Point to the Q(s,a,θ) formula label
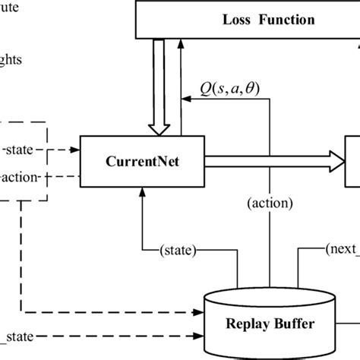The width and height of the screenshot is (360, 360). [229, 88]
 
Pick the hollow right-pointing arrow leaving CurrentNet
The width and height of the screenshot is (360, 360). [273, 161]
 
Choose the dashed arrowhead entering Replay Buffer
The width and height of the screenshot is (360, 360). [201, 310]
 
